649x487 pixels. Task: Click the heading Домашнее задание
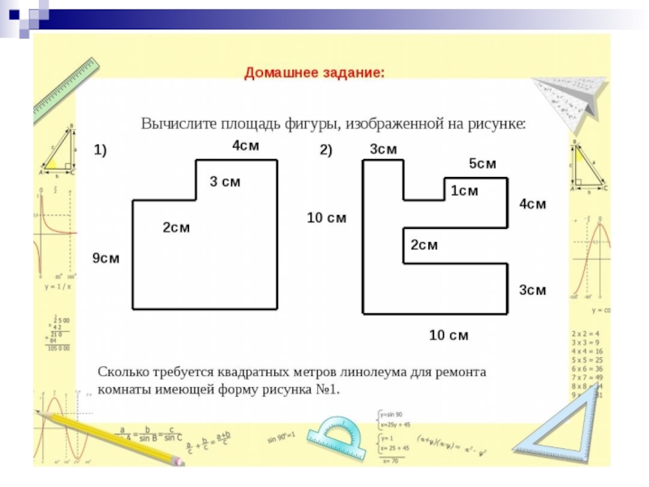(315, 73)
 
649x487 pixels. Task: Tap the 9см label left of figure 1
(105, 258)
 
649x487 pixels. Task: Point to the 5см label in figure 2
(482, 164)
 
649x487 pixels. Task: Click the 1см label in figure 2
(465, 191)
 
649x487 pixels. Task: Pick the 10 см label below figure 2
(449, 335)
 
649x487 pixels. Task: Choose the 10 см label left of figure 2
(326, 218)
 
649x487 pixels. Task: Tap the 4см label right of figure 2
(532, 205)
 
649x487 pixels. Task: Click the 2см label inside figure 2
(423, 245)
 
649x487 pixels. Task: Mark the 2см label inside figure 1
(176, 227)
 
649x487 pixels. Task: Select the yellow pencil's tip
(181, 462)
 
